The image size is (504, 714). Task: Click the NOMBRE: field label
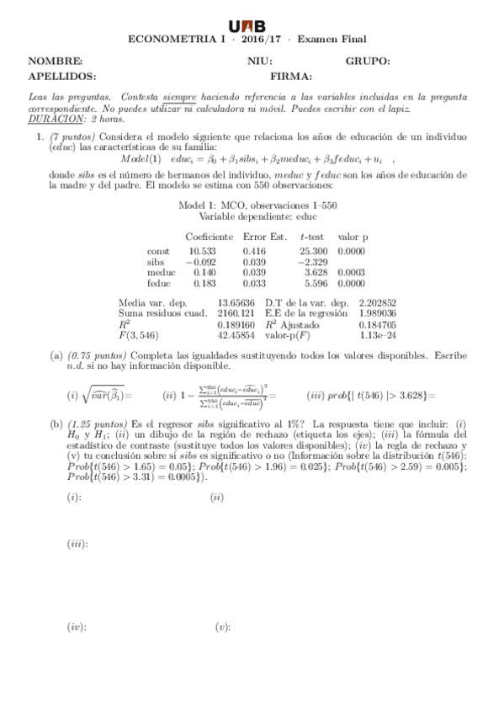click(56, 61)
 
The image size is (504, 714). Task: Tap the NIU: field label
click(260, 61)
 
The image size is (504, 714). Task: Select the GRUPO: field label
click(368, 61)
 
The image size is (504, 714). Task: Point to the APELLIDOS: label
click(62, 76)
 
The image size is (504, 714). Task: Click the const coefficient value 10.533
click(202, 251)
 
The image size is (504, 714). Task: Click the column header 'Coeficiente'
click(210, 237)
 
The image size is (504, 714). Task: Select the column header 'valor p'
click(353, 237)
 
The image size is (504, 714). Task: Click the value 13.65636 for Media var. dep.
click(236, 301)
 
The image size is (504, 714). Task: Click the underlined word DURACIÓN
click(51, 119)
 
